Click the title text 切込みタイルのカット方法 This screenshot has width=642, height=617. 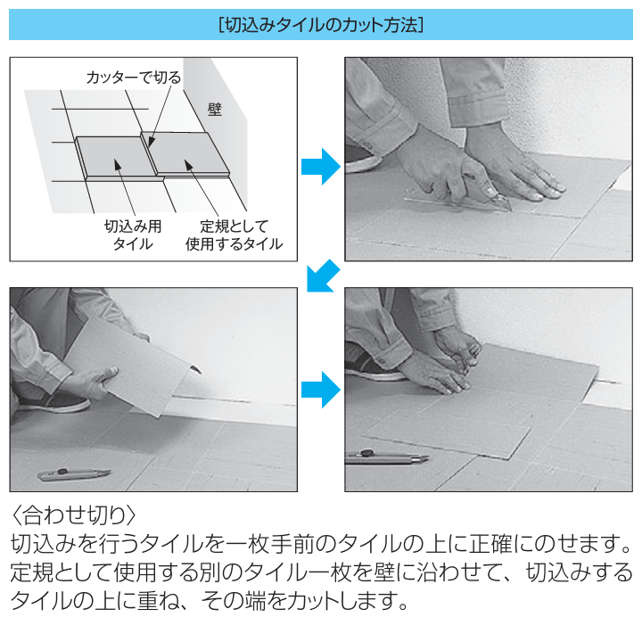(x=321, y=25)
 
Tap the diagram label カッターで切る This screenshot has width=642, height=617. (x=133, y=78)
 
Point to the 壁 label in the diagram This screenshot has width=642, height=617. (x=214, y=109)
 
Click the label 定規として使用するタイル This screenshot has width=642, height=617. (x=234, y=234)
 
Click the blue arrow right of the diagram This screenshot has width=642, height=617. (x=320, y=166)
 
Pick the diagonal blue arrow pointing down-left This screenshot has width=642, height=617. (x=321, y=275)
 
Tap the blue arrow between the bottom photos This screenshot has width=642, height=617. (x=320, y=389)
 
